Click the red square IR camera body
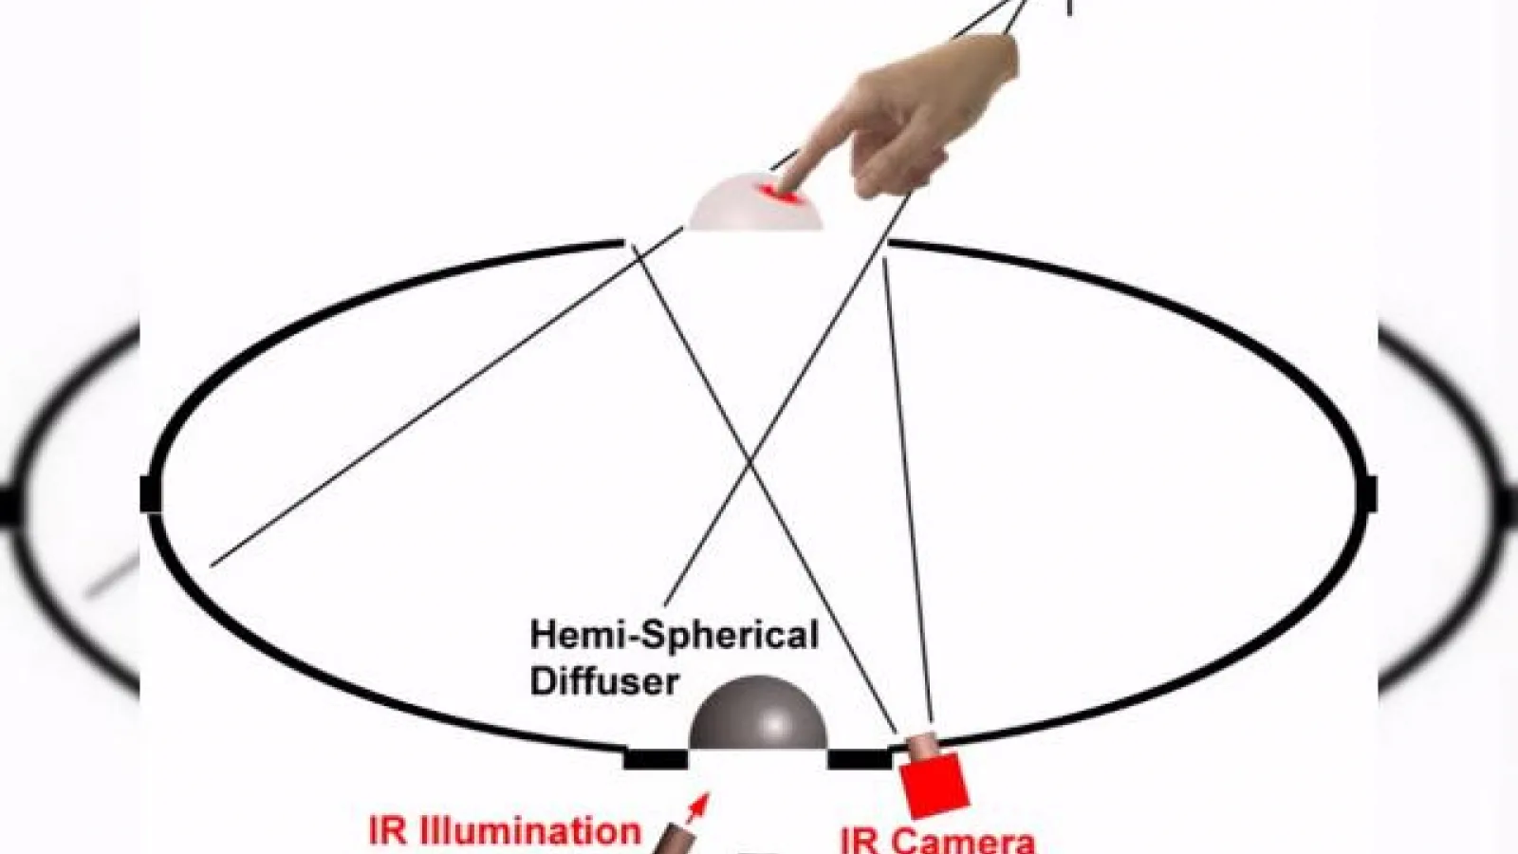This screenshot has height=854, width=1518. tap(935, 785)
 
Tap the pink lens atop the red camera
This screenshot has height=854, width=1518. tap(921, 745)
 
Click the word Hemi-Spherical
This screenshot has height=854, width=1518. tap(675, 638)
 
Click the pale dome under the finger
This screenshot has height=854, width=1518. tap(755, 203)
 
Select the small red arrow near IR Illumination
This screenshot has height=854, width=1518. tap(698, 808)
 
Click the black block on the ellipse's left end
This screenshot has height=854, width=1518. tap(151, 494)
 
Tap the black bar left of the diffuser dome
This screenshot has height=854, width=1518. tap(656, 759)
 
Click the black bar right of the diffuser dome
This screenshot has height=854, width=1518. tap(860, 759)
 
